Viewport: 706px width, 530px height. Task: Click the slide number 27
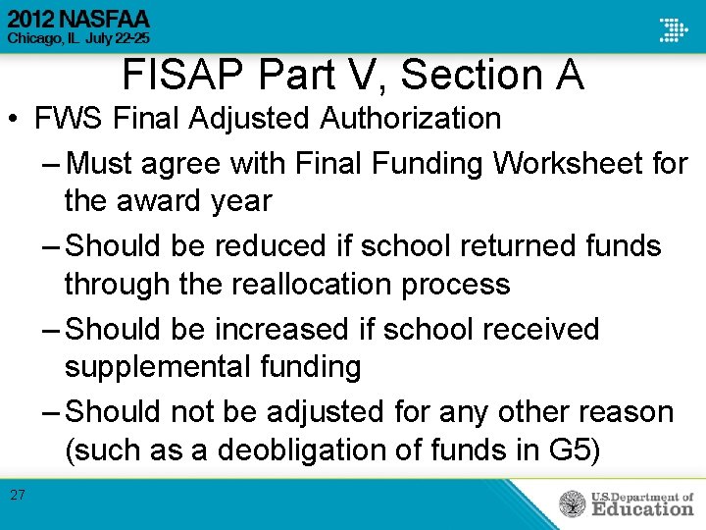click(x=18, y=495)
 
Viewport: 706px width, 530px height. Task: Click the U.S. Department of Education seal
click(x=573, y=503)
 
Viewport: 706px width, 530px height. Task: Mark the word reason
click(x=620, y=411)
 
